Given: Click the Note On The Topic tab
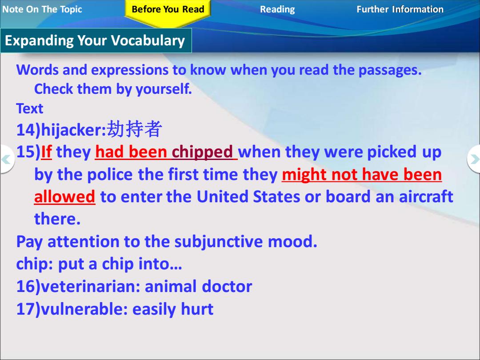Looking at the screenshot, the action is [42, 9].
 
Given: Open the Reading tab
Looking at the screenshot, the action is [277, 9].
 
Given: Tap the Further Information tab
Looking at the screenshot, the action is [400, 9].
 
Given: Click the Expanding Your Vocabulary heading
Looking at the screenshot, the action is [95, 41].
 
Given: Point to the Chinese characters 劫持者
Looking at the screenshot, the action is [134, 129].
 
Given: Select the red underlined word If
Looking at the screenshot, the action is [46, 152].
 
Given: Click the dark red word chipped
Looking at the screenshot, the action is [202, 152].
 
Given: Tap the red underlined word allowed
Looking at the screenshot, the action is [64, 197].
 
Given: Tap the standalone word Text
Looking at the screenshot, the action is [30, 109].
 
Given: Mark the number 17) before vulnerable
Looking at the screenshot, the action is [28, 309].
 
